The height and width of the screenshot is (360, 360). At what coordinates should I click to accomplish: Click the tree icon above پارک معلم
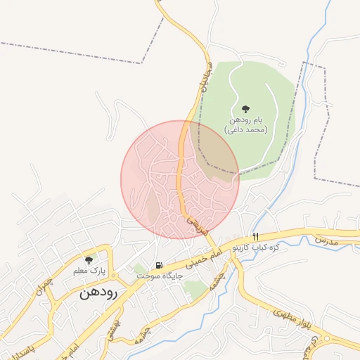pyautogui.click(x=89, y=259)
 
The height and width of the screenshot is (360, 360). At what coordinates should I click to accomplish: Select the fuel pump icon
pyautogui.click(x=160, y=265)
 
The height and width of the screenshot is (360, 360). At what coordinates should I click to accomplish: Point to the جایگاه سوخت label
pyautogui.click(x=160, y=276)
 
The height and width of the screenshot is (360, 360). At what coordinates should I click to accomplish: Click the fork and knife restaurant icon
pyautogui.click(x=256, y=237)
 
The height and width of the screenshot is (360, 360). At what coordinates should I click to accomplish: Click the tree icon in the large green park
pyautogui.click(x=245, y=109)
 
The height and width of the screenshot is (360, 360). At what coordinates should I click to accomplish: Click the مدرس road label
pyautogui.click(x=327, y=240)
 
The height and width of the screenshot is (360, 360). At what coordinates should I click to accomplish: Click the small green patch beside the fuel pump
pyautogui.click(x=139, y=268)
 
